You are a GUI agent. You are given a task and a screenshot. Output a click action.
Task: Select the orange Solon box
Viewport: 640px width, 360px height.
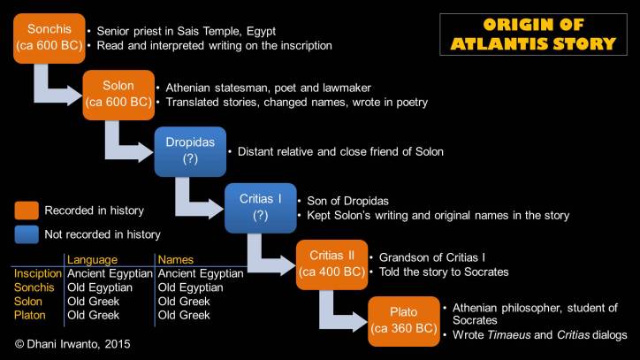click(118, 95)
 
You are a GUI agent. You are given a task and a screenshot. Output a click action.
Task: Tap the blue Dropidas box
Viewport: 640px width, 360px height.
click(189, 151)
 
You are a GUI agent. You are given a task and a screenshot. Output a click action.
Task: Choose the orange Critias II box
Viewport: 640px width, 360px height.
click(331, 264)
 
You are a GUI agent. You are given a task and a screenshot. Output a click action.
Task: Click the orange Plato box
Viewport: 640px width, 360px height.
click(403, 321)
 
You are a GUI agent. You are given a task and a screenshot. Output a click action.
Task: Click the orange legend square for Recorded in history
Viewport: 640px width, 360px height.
click(26, 211)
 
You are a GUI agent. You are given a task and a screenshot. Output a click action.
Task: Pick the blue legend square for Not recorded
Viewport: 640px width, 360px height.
click(26, 234)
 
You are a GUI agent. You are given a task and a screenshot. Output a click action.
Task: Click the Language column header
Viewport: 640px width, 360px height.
click(93, 259)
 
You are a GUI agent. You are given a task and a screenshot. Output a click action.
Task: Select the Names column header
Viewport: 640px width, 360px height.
click(174, 259)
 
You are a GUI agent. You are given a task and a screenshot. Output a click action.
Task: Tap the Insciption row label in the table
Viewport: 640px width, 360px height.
click(37, 274)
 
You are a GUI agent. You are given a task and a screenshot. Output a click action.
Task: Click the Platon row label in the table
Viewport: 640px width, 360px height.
click(31, 314)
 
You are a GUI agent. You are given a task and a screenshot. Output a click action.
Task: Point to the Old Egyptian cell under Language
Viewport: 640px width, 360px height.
click(100, 287)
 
